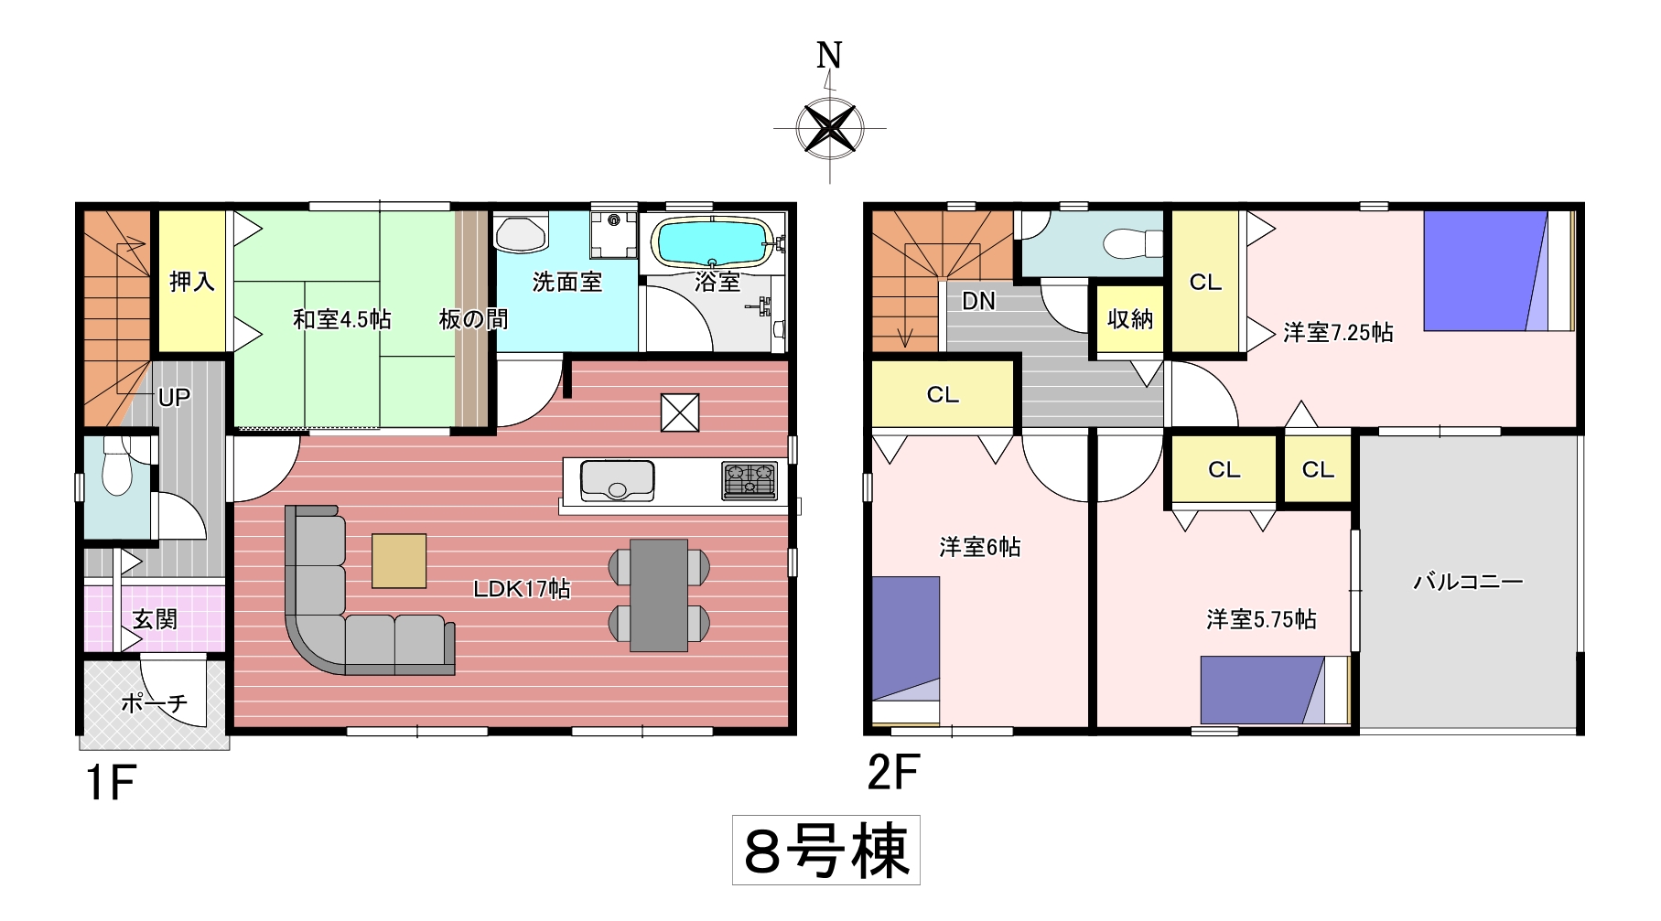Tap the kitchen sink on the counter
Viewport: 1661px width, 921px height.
618,480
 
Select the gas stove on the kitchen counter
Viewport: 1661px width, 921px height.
750,479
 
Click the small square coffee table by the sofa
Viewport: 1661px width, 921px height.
399,560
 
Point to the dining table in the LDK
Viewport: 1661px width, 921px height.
659,594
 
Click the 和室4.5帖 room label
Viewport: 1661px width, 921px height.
342,319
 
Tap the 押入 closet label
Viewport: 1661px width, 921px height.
192,282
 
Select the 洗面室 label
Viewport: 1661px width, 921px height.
567,282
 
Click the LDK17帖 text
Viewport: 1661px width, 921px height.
522,589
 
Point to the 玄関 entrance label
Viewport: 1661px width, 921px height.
155,619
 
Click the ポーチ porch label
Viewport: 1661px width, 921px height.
155,702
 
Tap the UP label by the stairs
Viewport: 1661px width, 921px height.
174,398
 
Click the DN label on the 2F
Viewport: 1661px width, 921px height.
978,301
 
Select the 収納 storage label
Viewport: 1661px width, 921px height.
1130,319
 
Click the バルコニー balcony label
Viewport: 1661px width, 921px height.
1469,581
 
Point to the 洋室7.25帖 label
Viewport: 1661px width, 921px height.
1338,332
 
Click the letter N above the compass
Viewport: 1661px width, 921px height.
829,56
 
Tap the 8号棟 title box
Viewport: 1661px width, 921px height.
826,851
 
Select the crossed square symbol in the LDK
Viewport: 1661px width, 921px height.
680,412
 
